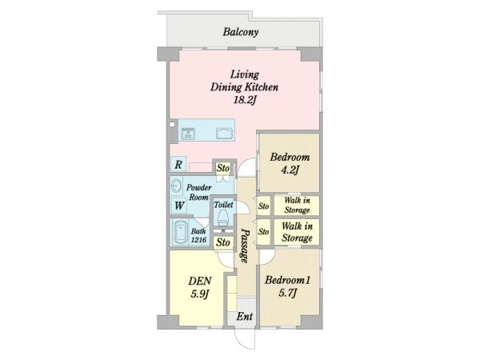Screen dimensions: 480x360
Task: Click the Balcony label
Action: tap(241, 32)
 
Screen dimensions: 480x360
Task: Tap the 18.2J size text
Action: tap(245, 100)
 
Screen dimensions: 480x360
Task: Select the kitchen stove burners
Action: tap(188, 134)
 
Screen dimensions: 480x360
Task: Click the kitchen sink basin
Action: tap(224, 134)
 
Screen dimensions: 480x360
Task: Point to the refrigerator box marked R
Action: tap(178, 165)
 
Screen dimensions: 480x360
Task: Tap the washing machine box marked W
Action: tap(179, 206)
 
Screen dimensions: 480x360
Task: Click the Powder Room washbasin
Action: tap(176, 186)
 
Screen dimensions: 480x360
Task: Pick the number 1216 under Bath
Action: tap(198, 240)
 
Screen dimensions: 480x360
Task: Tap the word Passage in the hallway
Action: tap(245, 246)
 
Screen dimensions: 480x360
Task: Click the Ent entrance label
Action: tap(245, 316)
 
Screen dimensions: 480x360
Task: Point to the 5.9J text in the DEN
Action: tap(200, 294)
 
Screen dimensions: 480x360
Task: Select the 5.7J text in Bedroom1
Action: tap(288, 294)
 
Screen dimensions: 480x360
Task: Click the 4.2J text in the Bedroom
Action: tap(290, 170)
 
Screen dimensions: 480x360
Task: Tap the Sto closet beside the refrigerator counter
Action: tap(223, 168)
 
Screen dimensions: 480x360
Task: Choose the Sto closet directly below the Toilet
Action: tap(223, 242)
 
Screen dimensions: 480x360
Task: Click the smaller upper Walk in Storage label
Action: tap(297, 205)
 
